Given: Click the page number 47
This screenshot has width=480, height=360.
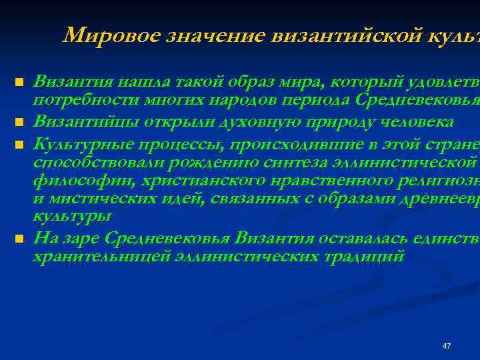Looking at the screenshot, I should point(447,346).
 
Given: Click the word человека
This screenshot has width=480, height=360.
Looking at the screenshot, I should point(415,121).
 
